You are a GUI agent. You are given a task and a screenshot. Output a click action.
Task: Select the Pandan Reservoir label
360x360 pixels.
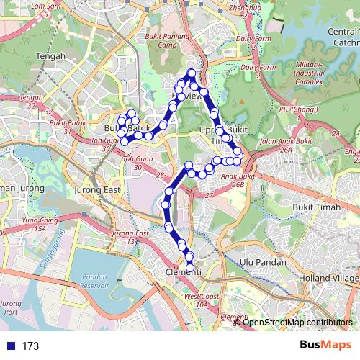95,282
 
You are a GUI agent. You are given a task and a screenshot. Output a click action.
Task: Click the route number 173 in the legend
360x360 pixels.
30,346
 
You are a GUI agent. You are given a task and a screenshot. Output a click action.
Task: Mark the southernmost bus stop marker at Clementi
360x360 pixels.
191,269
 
